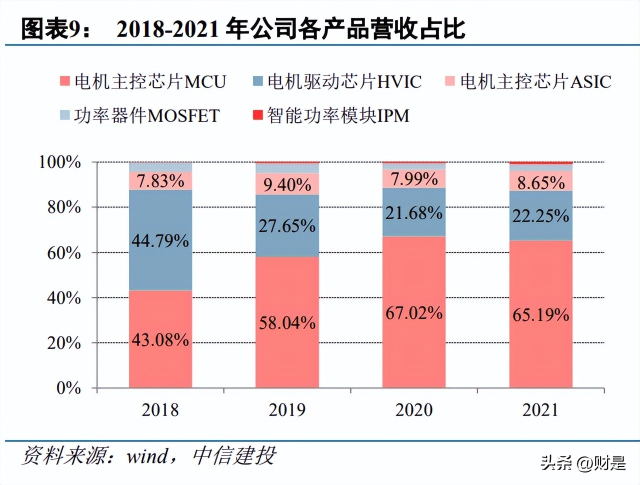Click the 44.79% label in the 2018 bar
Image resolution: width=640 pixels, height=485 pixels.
coord(160,241)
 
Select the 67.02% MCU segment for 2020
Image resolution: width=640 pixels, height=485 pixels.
coord(414,313)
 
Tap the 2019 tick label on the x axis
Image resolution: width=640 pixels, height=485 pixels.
coord(287,410)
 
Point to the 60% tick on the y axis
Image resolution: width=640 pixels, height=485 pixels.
coord(64,252)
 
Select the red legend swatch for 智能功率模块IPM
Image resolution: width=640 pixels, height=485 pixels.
coord(258,115)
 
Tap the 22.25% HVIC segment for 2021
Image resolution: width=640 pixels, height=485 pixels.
coord(540,216)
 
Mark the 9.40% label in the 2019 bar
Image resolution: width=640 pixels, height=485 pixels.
coord(287,184)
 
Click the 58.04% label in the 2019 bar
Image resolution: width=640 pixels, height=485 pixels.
coord(287,323)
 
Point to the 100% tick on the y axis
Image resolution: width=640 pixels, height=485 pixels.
coord(60,162)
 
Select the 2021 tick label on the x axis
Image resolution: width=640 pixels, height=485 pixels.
coord(540,410)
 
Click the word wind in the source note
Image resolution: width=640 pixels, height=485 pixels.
coord(147,456)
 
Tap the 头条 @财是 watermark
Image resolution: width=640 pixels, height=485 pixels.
coord(582,463)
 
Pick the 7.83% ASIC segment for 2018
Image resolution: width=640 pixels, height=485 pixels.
coord(160,180)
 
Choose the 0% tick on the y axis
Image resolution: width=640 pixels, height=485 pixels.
coord(68,388)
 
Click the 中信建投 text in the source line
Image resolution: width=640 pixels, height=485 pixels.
coord(234,456)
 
